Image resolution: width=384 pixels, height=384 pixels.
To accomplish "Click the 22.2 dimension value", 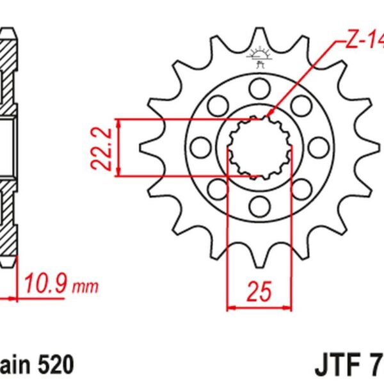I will click(103, 148).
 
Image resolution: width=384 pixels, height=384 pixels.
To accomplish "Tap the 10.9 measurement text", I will click(46, 282).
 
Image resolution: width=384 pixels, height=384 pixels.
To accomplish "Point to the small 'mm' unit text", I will click(86, 285).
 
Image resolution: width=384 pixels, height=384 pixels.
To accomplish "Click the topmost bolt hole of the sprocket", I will click(260, 86).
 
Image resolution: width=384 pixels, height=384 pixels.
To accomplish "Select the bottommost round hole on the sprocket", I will click(260, 205).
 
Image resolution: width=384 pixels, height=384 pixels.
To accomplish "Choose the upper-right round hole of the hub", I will click(301, 104).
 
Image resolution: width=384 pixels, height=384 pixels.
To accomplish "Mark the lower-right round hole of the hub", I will click(301, 188).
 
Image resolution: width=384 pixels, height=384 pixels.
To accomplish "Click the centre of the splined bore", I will click(260, 146).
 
